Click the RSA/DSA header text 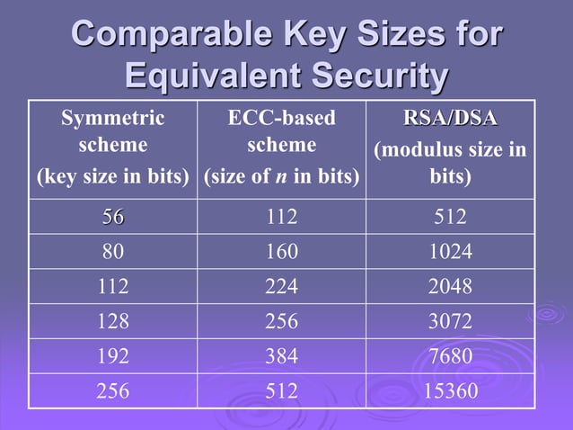tap(450, 120)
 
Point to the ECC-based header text tap(281, 118)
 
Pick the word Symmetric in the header tap(112, 118)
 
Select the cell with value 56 tap(113, 218)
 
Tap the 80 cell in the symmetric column tap(113, 253)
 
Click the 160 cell tap(281, 253)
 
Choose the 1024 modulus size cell tap(450, 253)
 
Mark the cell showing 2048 tap(450, 287)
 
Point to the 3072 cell tap(450, 322)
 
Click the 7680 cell tap(450, 356)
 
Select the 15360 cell tap(450, 391)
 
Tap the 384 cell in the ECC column tap(281, 356)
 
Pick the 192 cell tap(113, 356)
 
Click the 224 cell tap(281, 287)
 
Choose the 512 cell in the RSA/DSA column tap(450, 218)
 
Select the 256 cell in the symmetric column tap(113, 391)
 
